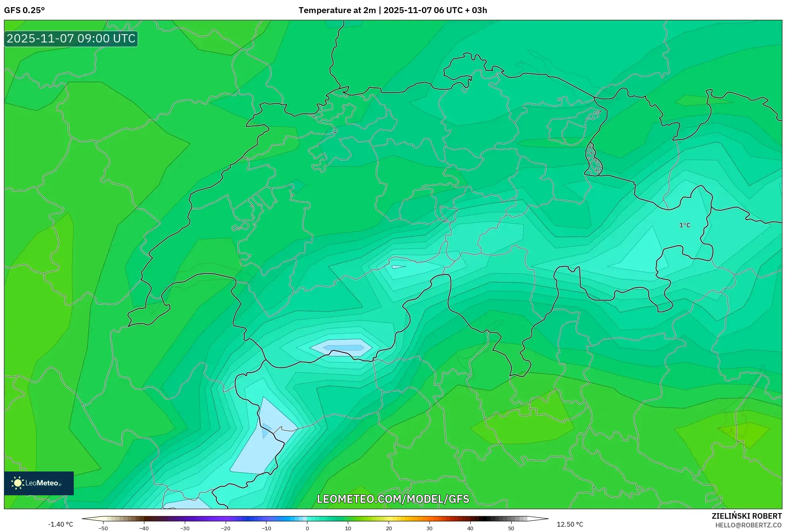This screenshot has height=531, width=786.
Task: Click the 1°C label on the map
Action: (684, 225)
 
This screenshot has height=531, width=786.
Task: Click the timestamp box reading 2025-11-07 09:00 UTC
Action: (71, 38)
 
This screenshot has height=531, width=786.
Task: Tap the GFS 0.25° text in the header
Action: (24, 10)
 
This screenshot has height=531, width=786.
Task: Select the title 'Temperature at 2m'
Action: (337, 10)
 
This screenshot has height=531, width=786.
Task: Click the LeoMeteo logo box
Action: (39, 483)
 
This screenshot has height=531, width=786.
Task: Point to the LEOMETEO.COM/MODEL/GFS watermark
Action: (393, 499)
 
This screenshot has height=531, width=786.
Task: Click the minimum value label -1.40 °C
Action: (60, 524)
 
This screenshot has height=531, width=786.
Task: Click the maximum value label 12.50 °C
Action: (570, 524)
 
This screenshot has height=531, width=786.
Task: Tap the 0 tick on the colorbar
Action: (307, 528)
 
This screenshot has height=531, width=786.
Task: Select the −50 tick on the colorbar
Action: (103, 528)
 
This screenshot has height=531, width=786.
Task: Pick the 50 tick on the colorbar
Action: (511, 528)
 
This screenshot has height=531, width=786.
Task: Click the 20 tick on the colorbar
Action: (389, 528)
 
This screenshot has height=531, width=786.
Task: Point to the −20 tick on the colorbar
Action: (225, 528)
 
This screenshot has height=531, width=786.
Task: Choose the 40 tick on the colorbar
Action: (470, 528)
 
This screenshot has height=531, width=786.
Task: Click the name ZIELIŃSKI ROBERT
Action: (746, 516)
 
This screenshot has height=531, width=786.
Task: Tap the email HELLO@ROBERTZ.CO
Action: (748, 525)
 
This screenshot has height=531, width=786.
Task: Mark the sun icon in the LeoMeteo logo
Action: (17, 483)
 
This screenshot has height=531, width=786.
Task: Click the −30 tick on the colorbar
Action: (185, 528)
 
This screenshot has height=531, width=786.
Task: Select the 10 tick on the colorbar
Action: (348, 528)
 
